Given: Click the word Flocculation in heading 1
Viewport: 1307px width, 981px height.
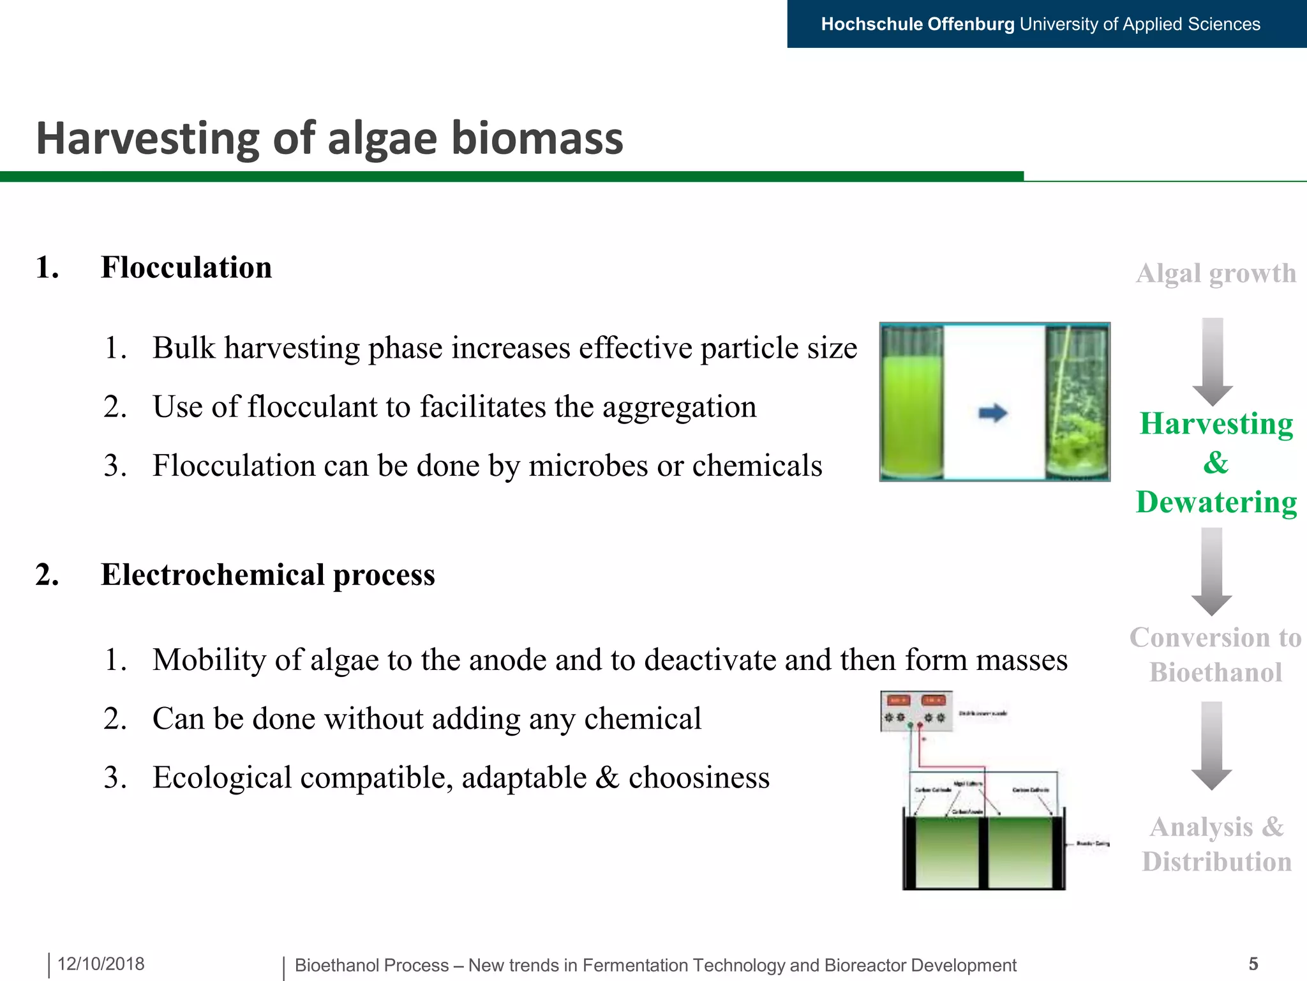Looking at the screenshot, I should [x=186, y=268].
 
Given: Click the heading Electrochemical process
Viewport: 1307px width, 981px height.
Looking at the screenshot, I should [x=267, y=575].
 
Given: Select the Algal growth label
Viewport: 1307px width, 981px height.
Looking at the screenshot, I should [x=1216, y=273].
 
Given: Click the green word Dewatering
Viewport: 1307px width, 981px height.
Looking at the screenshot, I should [x=1216, y=502].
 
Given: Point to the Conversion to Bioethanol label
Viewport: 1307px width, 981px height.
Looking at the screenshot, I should [x=1215, y=655].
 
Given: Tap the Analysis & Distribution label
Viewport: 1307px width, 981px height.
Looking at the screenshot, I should [x=1216, y=844].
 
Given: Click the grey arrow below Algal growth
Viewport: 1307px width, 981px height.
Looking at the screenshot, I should [x=1213, y=361].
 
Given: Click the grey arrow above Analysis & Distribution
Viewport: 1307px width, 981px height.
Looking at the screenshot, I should [x=1211, y=745].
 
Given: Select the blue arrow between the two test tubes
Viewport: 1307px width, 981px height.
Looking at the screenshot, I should [x=993, y=413].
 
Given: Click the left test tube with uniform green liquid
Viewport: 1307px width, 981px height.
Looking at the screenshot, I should [x=912, y=402].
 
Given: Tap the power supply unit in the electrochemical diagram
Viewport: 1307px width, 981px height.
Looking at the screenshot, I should [x=916, y=711].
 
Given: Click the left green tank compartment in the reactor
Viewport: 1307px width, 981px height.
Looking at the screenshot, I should [x=947, y=852].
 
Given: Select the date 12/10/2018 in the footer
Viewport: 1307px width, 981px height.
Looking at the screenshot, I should [x=101, y=964].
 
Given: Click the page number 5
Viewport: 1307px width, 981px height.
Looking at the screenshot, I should [x=1253, y=964].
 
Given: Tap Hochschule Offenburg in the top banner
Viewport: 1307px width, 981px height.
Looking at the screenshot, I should [x=917, y=24].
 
